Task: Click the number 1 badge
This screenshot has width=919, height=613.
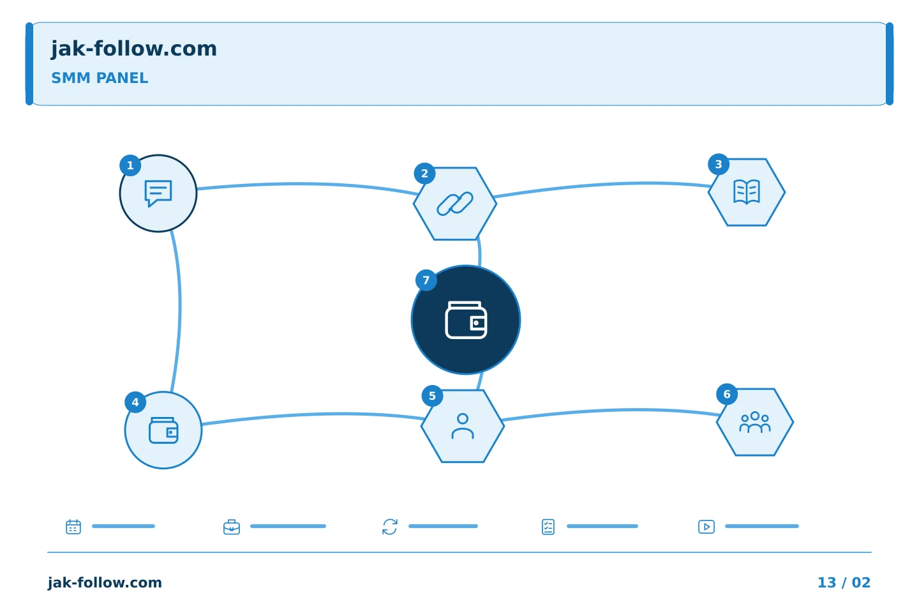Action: coord(130,165)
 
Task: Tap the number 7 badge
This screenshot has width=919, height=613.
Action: coord(426,280)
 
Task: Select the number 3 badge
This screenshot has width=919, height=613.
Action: coord(719,164)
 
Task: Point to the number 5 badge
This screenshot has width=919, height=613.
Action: coord(432,396)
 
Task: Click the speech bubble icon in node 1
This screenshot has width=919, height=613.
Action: coord(158,193)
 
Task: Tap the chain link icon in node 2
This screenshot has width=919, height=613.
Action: coord(455,204)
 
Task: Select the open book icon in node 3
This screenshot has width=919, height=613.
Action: coord(747,192)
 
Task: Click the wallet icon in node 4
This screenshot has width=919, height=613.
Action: coord(163,430)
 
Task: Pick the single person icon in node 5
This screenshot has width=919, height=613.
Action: coord(463,426)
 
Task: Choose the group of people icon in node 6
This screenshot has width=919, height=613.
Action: coord(755,422)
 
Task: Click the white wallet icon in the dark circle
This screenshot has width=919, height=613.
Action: coord(466,320)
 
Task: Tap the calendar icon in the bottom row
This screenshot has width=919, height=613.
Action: coord(73,526)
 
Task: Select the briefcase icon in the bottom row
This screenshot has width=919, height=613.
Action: coord(232,527)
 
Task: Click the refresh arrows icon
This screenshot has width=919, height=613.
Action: coord(390,527)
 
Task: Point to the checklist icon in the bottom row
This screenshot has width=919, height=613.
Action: coord(548,527)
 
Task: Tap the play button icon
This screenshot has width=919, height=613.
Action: coord(706,527)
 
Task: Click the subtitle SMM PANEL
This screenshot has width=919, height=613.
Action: coord(100,78)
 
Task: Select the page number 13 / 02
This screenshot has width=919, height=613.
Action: coord(844,582)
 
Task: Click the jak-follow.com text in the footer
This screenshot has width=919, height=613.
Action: coord(105,582)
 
